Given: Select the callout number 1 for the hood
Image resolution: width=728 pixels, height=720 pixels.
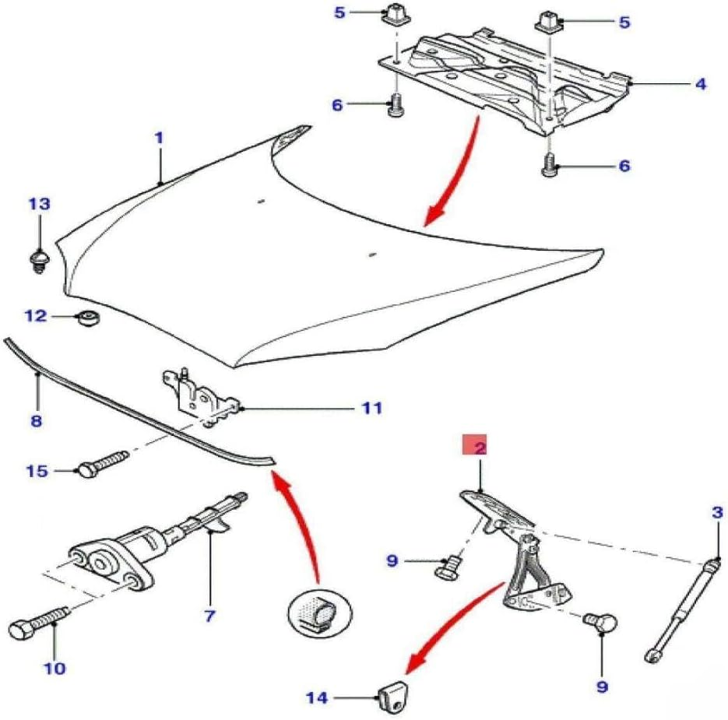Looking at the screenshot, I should click(x=158, y=139).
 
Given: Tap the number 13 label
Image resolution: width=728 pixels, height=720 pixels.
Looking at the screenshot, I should click(x=39, y=204).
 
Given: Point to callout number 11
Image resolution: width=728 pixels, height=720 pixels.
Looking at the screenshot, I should click(x=372, y=407).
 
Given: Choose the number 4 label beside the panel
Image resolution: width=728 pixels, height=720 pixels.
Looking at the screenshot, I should click(x=700, y=83).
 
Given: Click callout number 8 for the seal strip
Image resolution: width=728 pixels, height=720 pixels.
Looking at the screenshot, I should click(x=36, y=422).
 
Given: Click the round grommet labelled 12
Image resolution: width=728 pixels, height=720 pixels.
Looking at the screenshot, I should click(x=87, y=317).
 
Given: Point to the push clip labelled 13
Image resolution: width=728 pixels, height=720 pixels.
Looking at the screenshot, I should click(x=37, y=258).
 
